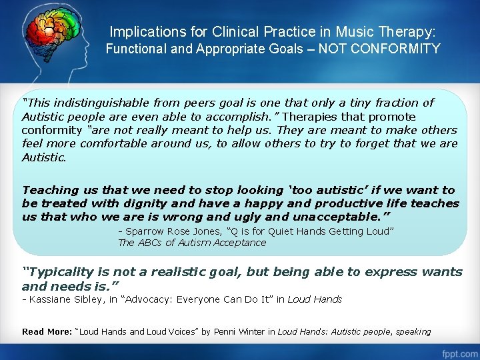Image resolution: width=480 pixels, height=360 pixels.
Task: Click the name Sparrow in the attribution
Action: click(144, 231)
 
